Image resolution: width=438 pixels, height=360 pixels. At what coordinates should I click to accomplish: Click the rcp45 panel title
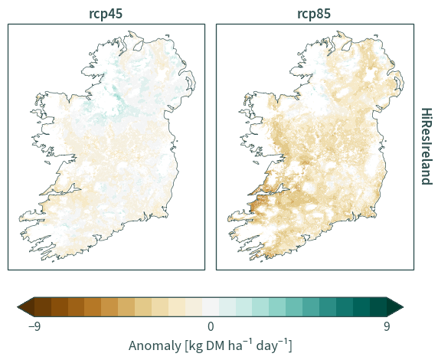click(x=106, y=14)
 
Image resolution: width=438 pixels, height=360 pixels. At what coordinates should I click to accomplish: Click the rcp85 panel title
click(x=314, y=14)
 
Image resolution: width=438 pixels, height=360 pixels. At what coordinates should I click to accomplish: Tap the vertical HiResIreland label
click(x=427, y=146)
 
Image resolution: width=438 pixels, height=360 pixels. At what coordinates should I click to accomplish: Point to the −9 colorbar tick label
click(x=34, y=326)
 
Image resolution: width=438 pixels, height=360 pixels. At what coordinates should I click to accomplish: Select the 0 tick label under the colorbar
click(x=211, y=326)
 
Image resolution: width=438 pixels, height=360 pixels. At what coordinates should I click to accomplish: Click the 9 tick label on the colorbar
click(x=387, y=326)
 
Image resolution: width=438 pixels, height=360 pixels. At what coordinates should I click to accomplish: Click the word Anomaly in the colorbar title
click(x=155, y=345)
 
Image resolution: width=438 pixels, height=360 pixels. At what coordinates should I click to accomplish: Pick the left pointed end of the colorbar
click(x=18, y=307)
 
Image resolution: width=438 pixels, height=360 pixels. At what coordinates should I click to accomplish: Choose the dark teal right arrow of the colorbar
click(x=395, y=307)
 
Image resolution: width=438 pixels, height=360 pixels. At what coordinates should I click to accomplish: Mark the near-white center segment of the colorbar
click(x=211, y=307)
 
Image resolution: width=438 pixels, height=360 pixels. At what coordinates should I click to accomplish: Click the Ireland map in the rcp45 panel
click(x=107, y=146)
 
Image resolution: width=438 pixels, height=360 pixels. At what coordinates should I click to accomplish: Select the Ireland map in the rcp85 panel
click(x=316, y=146)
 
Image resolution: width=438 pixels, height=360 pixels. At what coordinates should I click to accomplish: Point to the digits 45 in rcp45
click(x=115, y=14)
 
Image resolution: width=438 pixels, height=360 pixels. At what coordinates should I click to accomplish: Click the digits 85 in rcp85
click(x=323, y=14)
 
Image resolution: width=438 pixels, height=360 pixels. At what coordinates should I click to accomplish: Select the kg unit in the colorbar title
click(x=195, y=346)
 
